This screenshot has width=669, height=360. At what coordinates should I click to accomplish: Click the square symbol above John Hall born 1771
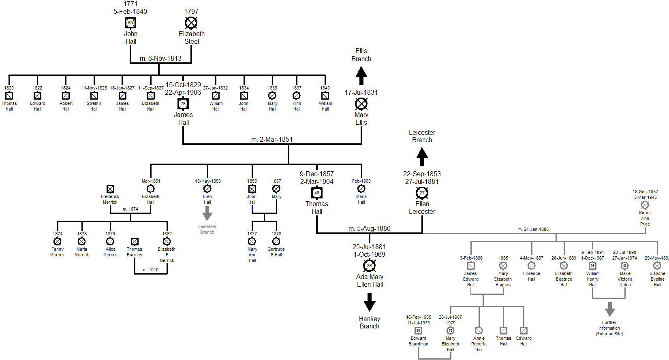point(130,23)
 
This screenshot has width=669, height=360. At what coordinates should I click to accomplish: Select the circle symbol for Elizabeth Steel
point(191,23)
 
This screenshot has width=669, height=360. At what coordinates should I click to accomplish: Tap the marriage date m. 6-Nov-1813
point(160,59)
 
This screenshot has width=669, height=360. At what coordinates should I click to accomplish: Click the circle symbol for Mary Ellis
point(361,104)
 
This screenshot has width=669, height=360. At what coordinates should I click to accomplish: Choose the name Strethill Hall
point(94,106)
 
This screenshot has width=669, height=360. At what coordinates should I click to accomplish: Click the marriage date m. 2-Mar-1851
point(271,140)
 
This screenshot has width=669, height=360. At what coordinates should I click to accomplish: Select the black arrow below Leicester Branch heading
point(422,156)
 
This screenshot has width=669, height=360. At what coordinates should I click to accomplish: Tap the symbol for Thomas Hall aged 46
point(317,193)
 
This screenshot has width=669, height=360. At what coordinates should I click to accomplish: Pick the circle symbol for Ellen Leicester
point(422,193)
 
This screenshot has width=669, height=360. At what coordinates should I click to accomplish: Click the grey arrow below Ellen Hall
point(207,213)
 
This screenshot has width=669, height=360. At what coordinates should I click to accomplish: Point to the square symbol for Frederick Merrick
point(110,189)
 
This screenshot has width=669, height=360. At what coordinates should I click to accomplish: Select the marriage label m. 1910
point(151,270)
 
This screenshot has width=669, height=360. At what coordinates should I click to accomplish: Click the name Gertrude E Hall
point(276,252)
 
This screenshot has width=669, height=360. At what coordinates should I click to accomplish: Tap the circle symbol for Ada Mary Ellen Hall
point(369,266)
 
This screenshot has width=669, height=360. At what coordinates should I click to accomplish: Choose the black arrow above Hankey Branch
point(369,302)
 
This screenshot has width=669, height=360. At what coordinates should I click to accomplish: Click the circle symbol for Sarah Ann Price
point(645,205)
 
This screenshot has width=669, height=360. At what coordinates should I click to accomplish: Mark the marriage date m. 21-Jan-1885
point(533,229)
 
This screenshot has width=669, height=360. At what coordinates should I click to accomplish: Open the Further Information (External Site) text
point(609,328)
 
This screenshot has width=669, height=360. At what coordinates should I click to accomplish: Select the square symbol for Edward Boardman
point(418,330)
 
